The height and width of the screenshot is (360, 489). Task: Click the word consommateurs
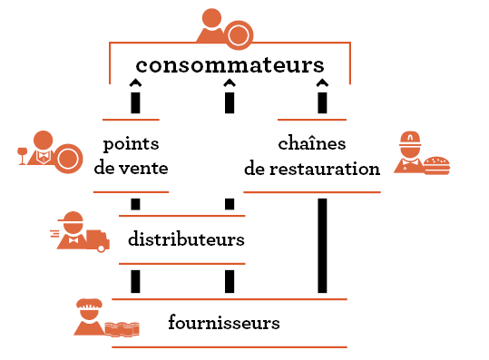(x=230, y=65)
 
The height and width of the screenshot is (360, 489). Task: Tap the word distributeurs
(x=186, y=239)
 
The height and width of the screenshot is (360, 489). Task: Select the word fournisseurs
(x=224, y=322)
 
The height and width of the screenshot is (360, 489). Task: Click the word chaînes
(x=312, y=143)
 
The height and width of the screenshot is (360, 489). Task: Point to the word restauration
(x=325, y=169)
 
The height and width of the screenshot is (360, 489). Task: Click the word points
(x=131, y=144)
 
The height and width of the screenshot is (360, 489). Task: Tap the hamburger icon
(x=437, y=166)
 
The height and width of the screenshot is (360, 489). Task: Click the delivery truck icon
(x=97, y=240)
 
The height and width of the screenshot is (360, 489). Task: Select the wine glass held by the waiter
(x=22, y=156)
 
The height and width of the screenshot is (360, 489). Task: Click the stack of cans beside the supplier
(x=122, y=329)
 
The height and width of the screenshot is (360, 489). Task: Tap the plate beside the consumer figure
(x=239, y=35)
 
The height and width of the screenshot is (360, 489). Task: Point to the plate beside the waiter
(x=68, y=159)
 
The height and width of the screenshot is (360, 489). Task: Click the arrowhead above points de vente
(x=135, y=83)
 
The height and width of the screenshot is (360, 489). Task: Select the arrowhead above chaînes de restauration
(x=322, y=83)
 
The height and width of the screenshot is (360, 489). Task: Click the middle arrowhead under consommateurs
(x=230, y=83)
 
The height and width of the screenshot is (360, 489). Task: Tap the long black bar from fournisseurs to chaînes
(x=322, y=246)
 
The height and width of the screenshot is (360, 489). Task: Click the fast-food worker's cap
(x=410, y=140)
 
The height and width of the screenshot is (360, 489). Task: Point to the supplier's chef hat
(x=90, y=303)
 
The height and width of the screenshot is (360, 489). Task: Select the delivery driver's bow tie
(x=73, y=240)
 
